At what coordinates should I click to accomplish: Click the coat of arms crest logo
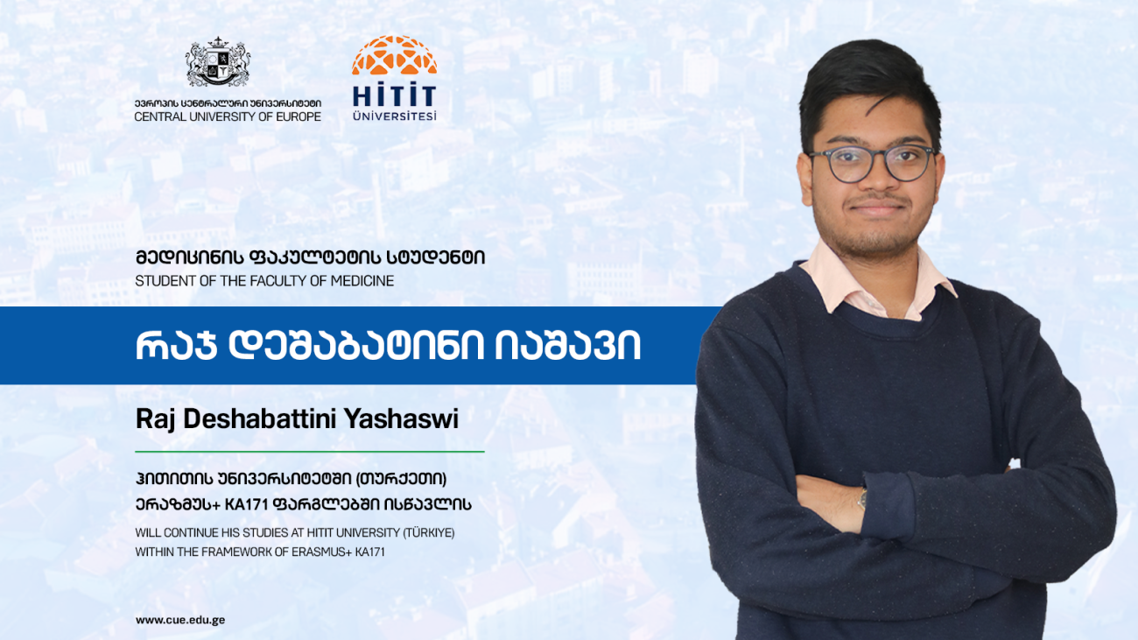218,62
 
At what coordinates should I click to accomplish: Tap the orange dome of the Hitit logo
394,55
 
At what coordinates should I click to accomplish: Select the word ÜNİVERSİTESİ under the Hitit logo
394,116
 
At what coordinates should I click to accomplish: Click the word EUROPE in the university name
299,116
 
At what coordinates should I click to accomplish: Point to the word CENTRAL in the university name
160,116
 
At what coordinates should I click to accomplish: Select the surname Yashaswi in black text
401,419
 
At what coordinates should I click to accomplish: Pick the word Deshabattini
260,419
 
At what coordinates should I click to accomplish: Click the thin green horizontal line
310,451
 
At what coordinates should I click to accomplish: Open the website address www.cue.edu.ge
179,620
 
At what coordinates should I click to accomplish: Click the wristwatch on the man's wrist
862,498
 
